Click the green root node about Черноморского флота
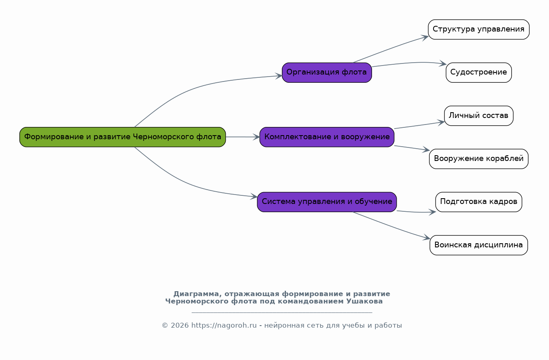tap(123, 137)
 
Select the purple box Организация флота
tap(327, 72)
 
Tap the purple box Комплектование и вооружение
tap(327, 137)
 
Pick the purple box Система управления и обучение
tap(327, 202)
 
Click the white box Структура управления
tap(479, 29)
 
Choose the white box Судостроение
tap(479, 72)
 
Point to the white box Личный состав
tap(479, 115)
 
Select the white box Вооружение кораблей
tap(479, 159)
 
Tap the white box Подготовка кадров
tap(479, 202)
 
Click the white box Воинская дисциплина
tap(479, 245)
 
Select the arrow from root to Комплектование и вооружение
tap(243, 137)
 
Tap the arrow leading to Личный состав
tap(420, 125)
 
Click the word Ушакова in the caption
tap(365, 301)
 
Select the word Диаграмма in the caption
tap(196, 294)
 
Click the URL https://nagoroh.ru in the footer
tap(224, 326)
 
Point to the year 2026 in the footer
tap(179, 326)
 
